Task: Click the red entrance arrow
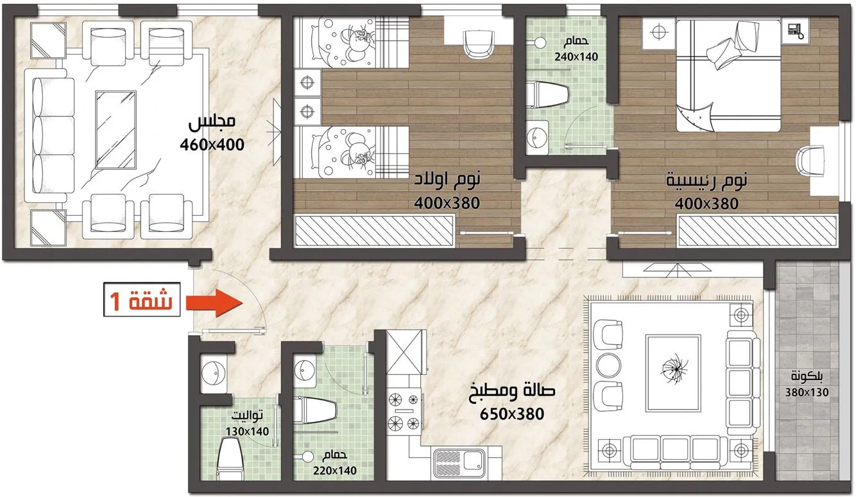[x=214, y=303]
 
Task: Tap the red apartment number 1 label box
[x=142, y=300]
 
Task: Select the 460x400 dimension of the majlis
[x=212, y=145]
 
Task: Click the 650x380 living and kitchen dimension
[x=512, y=414]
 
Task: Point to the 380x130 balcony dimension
[x=807, y=392]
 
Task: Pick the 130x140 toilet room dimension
[x=247, y=432]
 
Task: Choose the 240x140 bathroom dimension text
[x=576, y=57]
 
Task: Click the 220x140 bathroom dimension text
[x=335, y=471]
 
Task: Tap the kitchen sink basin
[x=459, y=464]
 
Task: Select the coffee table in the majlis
[x=116, y=130]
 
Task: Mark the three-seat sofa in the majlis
[x=49, y=135]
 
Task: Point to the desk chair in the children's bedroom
[x=477, y=44]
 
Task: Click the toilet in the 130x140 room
[x=230, y=459]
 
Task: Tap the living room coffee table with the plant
[x=673, y=373]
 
